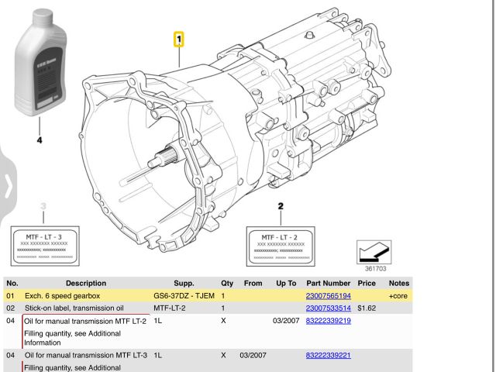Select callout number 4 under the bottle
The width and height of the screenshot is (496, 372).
[40, 141]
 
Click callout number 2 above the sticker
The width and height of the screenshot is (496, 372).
[281, 207]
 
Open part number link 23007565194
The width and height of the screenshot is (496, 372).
[329, 296]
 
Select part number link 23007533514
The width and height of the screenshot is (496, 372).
[329, 308]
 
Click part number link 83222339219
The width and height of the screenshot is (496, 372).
[329, 321]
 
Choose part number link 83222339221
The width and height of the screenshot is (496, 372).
[329, 355]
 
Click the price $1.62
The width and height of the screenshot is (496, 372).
[367, 308]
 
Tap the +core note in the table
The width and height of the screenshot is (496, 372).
[398, 296]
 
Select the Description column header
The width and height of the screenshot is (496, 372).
[86, 284]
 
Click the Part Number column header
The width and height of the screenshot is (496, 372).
[329, 284]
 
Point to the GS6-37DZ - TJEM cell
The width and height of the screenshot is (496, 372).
[184, 296]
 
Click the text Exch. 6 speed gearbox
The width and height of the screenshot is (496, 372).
[67, 296]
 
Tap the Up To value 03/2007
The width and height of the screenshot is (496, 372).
[286, 321]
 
